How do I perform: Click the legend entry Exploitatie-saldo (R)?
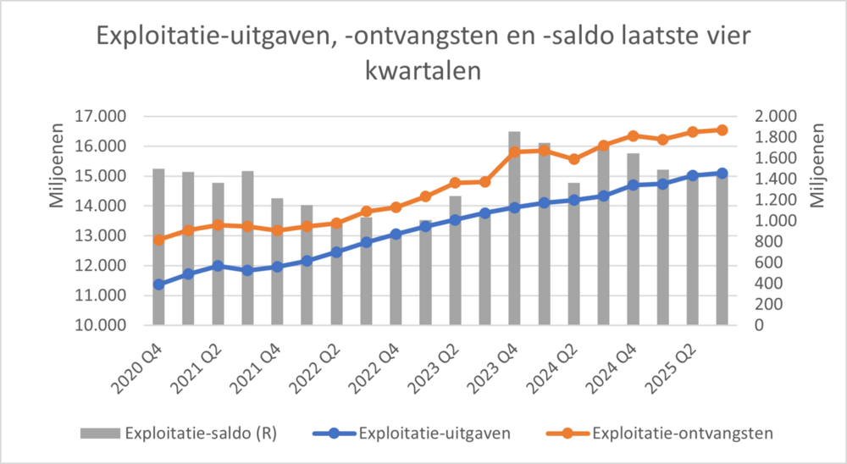(x=202, y=434)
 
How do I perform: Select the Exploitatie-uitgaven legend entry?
(x=434, y=434)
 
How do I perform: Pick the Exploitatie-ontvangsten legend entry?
(x=683, y=434)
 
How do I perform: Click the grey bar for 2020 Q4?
(x=158, y=246)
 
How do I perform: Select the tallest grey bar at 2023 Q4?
(x=514, y=228)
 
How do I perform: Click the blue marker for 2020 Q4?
(x=158, y=284)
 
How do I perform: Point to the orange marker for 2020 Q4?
(x=158, y=240)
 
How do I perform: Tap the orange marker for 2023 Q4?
(x=514, y=152)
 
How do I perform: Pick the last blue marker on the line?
(x=722, y=173)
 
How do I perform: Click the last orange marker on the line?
(x=722, y=130)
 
